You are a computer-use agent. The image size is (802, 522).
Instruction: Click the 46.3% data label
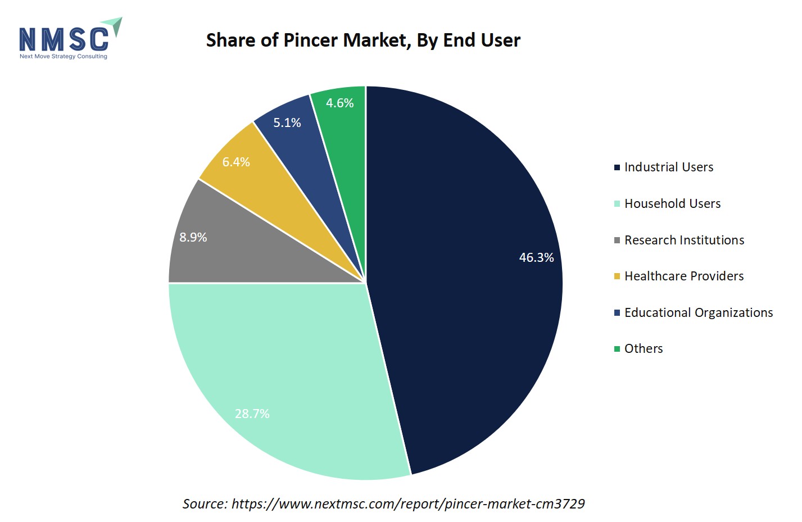click(x=536, y=257)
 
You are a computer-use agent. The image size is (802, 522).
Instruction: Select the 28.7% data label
click(x=252, y=414)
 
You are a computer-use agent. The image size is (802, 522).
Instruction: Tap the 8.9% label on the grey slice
click(x=193, y=237)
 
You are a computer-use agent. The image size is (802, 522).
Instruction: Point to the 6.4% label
click(x=236, y=162)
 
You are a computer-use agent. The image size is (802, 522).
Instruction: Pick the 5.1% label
click(x=287, y=122)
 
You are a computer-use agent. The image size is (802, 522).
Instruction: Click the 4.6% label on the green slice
click(x=339, y=103)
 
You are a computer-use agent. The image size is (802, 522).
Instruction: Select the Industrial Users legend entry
click(x=668, y=167)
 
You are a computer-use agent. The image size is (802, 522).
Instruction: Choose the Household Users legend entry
click(x=672, y=203)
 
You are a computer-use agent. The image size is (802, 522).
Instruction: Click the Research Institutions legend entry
click(x=684, y=240)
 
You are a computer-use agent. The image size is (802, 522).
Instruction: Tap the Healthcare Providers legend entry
click(x=683, y=276)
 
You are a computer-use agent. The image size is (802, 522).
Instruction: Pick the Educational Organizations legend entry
click(x=698, y=312)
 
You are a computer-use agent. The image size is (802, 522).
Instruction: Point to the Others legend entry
click(x=644, y=348)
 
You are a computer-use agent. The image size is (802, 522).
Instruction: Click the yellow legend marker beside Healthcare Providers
click(x=617, y=276)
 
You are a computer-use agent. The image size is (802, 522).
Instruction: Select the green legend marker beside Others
click(x=617, y=349)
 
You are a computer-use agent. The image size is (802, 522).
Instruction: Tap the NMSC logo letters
click(x=64, y=39)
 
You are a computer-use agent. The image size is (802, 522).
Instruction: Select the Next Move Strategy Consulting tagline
click(x=63, y=56)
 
